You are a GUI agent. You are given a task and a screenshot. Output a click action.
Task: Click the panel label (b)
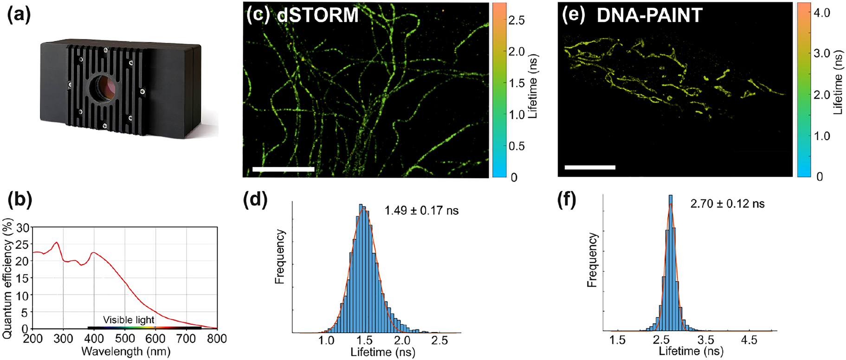pyautogui.click(x=20, y=200)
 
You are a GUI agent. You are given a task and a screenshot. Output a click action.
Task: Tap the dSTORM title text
pyautogui.click(x=318, y=15)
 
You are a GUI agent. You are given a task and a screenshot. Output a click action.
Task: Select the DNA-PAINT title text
pyautogui.click(x=649, y=15)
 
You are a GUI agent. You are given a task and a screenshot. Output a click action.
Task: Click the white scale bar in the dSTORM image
pyautogui.click(x=284, y=169)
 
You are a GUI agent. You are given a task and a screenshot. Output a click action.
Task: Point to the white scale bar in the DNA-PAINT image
pyautogui.click(x=590, y=167)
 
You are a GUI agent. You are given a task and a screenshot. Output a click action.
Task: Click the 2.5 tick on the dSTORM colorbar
pyautogui.click(x=517, y=20)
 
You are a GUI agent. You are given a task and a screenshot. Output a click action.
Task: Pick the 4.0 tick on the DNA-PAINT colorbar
pyautogui.click(x=821, y=13)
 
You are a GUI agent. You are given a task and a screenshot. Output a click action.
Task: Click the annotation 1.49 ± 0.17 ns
pyautogui.click(x=421, y=211)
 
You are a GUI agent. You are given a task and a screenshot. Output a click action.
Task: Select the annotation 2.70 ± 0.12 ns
pyautogui.click(x=727, y=204)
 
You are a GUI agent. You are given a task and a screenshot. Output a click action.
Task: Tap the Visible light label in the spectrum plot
pyautogui.click(x=129, y=320)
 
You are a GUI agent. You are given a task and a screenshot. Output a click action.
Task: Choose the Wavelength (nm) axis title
pyautogui.click(x=125, y=352)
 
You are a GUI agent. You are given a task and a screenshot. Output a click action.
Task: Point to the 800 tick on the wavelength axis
pyautogui.click(x=217, y=339)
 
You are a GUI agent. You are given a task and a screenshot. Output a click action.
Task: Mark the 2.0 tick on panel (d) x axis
pyautogui.click(x=402, y=341)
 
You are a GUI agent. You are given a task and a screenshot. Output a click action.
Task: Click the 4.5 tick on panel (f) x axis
pyautogui.click(x=749, y=340)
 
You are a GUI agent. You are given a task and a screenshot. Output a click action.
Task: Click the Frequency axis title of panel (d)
pyautogui.click(x=279, y=257)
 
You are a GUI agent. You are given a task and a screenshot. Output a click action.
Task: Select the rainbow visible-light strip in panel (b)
pyautogui.click(x=144, y=328)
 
